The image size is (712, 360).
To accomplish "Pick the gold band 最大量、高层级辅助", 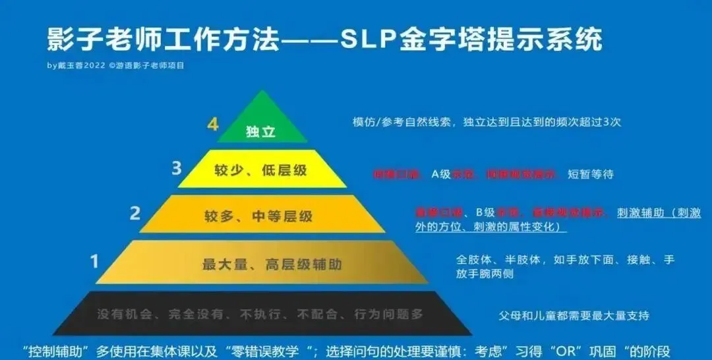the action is click(262, 264).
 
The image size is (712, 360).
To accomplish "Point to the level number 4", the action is click(213, 124).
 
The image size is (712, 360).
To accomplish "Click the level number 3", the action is click(176, 169).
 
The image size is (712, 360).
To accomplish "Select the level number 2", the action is click(136, 213).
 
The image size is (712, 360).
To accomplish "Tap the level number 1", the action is click(94, 262).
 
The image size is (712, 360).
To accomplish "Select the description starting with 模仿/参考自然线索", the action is click(487, 122).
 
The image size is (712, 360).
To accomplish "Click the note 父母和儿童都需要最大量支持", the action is click(574, 315).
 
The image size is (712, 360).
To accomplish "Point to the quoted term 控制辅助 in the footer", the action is click(53, 351).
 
